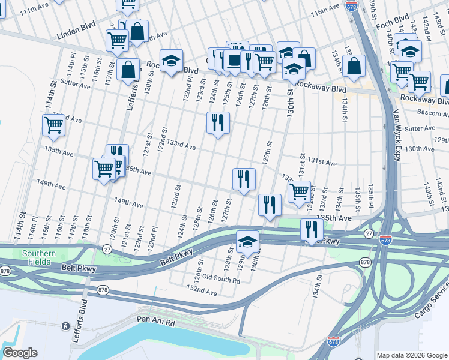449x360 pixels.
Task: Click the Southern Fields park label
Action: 39,257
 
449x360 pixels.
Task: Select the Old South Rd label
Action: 221,279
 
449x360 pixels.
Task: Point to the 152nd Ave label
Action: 202,291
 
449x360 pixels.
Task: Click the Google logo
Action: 19,353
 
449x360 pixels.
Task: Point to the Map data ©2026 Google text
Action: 411,355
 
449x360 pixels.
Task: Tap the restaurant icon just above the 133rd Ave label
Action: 218,123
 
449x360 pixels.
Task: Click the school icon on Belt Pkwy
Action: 247,242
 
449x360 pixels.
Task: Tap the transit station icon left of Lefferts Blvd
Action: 65,326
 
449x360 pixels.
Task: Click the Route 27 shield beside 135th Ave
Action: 367,233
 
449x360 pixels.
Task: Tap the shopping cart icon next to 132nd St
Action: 299,192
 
